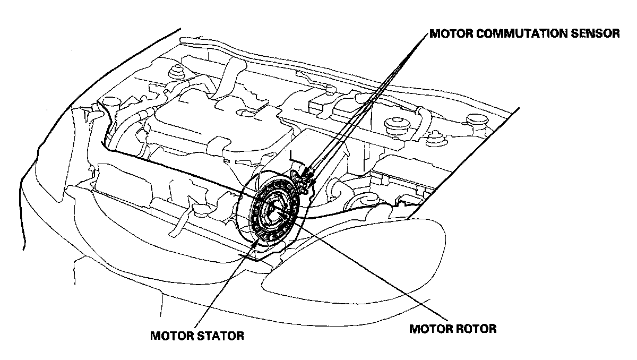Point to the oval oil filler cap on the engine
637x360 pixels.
[x=246, y=112]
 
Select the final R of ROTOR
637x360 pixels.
[x=492, y=329]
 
